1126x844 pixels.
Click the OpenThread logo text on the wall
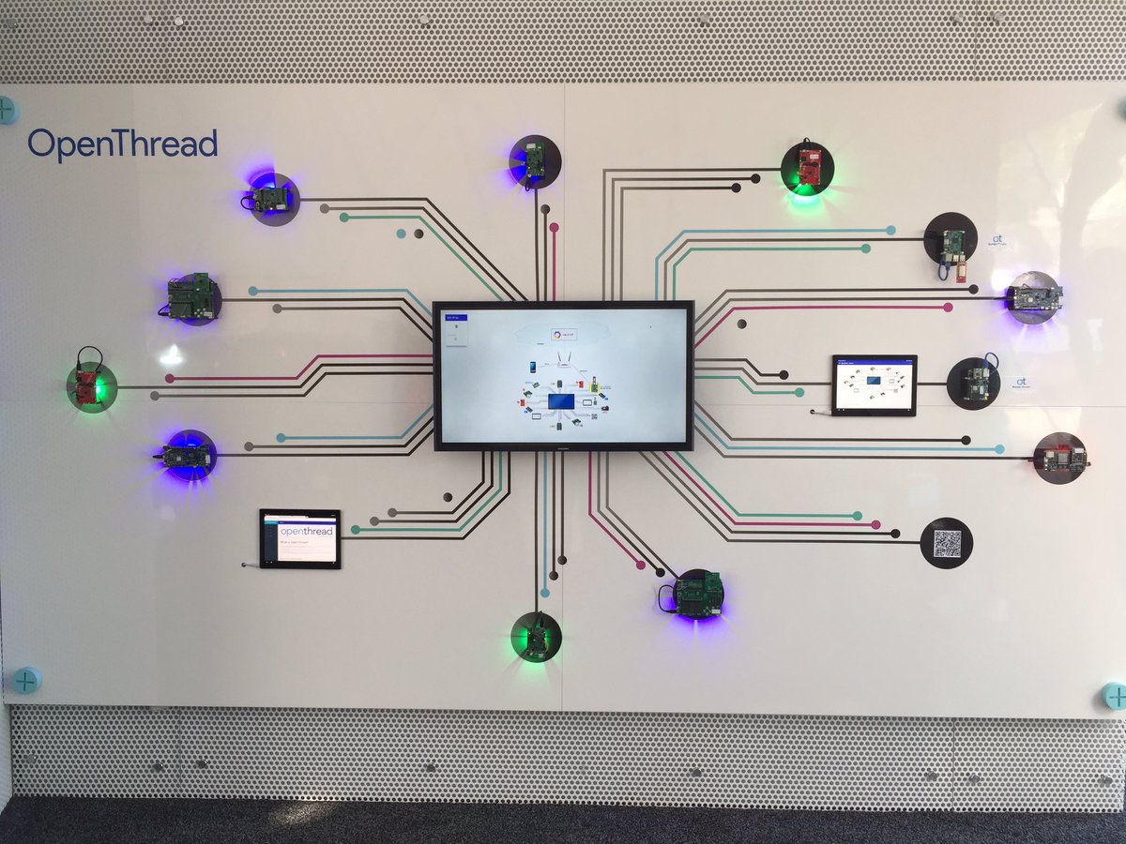click(x=122, y=144)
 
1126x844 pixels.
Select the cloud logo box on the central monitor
click(x=563, y=334)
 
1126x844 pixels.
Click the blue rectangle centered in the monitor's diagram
click(x=562, y=401)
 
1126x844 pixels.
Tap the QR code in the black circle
click(x=947, y=543)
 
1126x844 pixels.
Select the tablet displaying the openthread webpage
click(x=300, y=538)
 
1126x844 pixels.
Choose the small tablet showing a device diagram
click(x=874, y=384)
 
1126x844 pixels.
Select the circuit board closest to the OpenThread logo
click(x=272, y=199)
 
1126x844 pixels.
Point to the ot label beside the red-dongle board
click(x=998, y=240)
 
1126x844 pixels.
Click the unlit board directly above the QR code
click(x=1060, y=458)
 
